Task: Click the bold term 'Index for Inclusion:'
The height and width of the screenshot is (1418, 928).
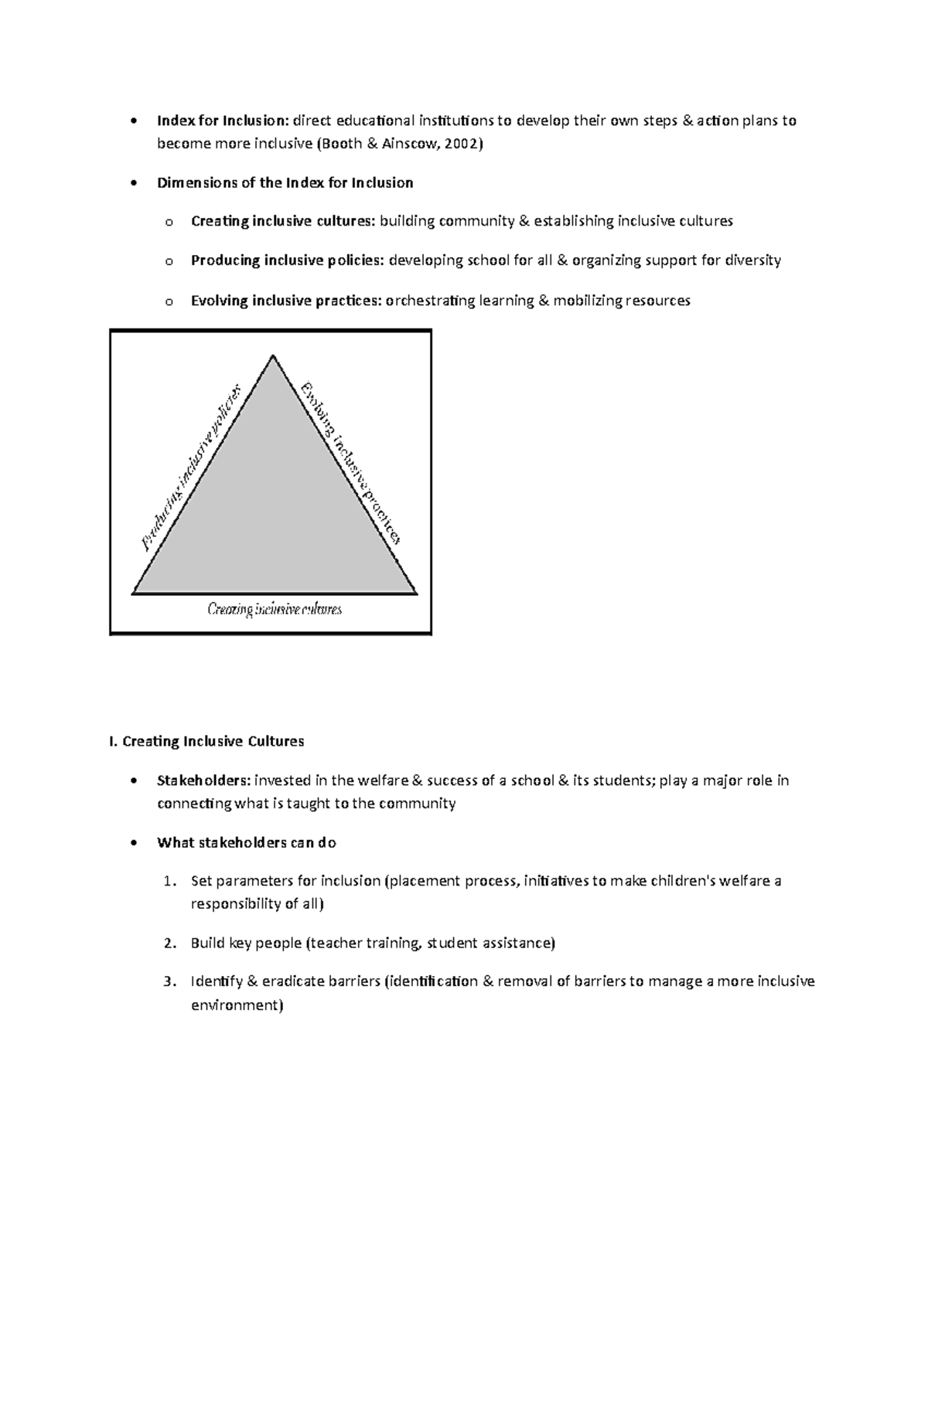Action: [222, 121]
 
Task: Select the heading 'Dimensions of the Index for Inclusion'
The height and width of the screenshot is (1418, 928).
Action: [285, 183]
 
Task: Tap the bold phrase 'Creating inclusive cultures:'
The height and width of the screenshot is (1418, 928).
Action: [282, 222]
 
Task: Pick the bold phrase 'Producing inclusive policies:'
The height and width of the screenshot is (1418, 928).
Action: [287, 260]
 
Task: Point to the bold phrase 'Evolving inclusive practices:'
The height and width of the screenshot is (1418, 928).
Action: [285, 301]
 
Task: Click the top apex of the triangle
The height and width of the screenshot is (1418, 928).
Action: [273, 355]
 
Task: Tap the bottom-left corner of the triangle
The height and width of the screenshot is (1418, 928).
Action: [134, 593]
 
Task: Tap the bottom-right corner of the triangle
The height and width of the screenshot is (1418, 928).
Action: [416, 593]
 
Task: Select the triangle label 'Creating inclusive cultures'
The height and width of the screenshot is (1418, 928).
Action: [275, 610]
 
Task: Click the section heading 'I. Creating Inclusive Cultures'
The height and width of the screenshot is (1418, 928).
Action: [206, 742]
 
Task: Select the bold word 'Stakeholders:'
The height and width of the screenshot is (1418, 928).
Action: [203, 780]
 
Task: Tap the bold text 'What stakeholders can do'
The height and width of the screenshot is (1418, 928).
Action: [246, 842]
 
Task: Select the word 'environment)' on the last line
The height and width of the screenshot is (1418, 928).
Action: [237, 1005]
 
